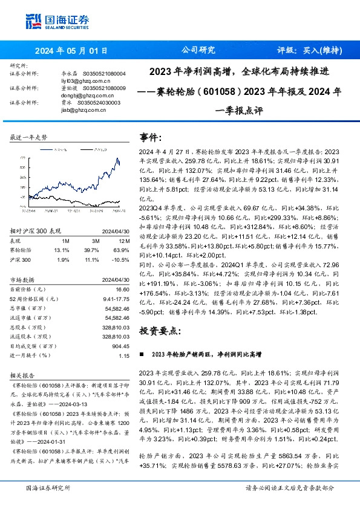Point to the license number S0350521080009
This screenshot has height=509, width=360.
click(102, 88)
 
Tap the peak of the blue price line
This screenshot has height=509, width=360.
click(117, 158)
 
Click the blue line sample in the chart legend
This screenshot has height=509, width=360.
click(44, 148)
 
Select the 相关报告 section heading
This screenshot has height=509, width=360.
click(24, 375)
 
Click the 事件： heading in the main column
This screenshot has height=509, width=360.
click(151, 137)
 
